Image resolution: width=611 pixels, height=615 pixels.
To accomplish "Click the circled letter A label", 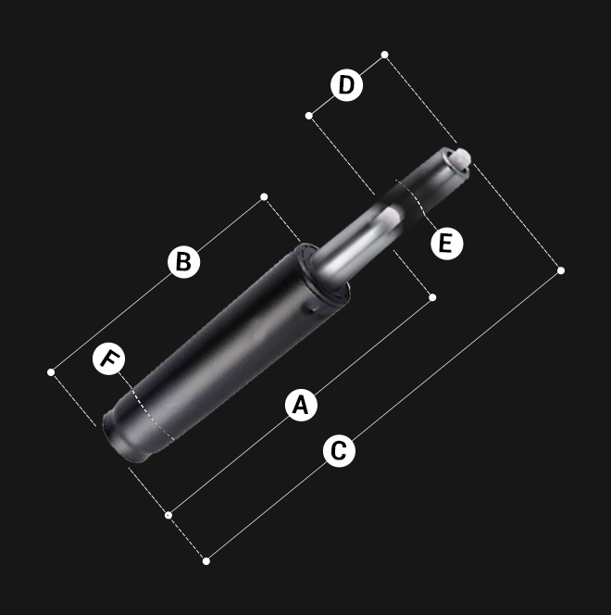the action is (301, 405).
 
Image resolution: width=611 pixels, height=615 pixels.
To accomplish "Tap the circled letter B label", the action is (184, 261).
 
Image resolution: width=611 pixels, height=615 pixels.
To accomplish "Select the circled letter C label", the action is (339, 451).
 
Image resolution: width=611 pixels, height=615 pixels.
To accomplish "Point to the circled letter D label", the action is (346, 85).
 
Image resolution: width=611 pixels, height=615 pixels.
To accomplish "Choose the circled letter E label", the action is (447, 244).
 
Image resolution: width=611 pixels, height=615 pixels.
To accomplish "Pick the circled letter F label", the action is (109, 358).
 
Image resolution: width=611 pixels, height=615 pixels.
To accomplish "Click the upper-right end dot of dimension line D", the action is (385, 55).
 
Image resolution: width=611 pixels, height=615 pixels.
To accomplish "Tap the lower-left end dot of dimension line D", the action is (309, 116).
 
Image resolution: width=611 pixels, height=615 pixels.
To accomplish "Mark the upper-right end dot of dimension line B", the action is (264, 196).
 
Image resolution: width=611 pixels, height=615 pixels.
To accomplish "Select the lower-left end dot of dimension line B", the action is (51, 371).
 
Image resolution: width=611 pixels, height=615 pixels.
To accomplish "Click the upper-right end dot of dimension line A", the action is (432, 297).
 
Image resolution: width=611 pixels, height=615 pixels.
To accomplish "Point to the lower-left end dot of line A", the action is (168, 515).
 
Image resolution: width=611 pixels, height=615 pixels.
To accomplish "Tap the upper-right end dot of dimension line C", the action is (561, 270).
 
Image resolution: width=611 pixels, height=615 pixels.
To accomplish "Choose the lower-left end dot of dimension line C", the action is (206, 561).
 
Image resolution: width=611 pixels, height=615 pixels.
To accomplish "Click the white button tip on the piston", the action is (462, 157).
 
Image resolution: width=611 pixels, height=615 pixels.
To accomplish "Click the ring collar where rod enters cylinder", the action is (323, 274).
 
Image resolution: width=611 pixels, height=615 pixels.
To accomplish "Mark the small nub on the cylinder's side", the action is (314, 308).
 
